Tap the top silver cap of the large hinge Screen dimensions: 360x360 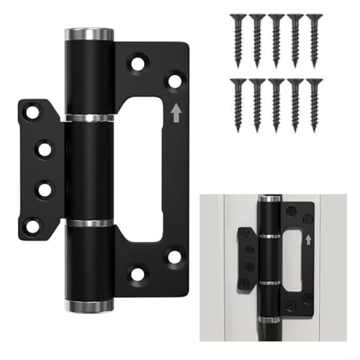click(x=89, y=34)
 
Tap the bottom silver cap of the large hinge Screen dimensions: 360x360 click(x=89, y=306)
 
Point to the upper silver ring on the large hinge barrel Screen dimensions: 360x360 click(x=89, y=117)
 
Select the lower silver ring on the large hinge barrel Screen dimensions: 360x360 click(x=89, y=223)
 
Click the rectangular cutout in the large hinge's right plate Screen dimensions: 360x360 click(x=141, y=170)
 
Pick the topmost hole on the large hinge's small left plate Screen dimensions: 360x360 click(x=32, y=112)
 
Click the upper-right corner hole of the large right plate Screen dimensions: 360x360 click(x=174, y=80)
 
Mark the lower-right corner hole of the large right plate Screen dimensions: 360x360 click(x=174, y=255)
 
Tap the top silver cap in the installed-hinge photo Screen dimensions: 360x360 click(x=269, y=199)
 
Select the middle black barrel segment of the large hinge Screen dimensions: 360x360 click(x=89, y=170)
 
